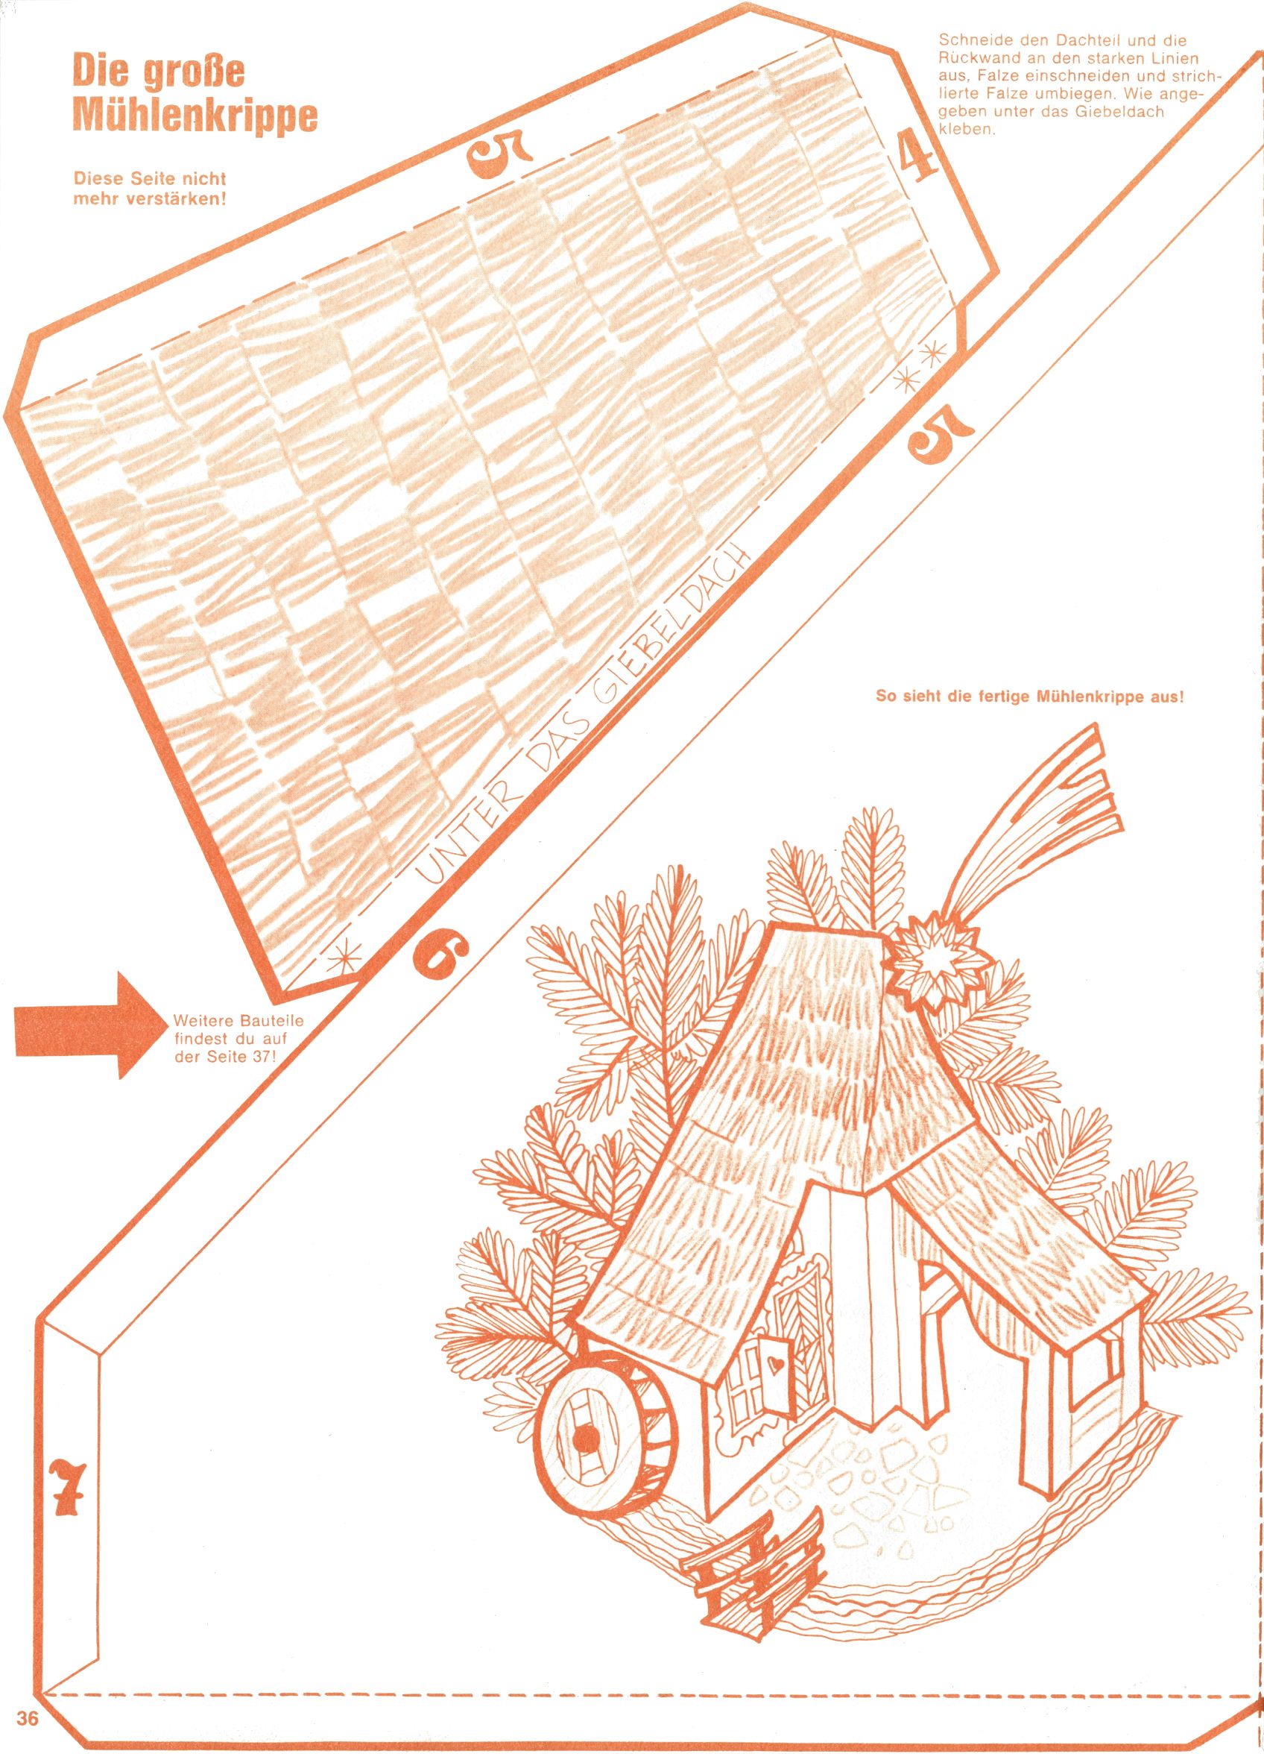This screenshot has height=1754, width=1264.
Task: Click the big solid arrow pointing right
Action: pyautogui.click(x=92, y=1025)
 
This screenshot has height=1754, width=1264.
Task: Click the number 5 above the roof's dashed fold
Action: pyautogui.click(x=499, y=157)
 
